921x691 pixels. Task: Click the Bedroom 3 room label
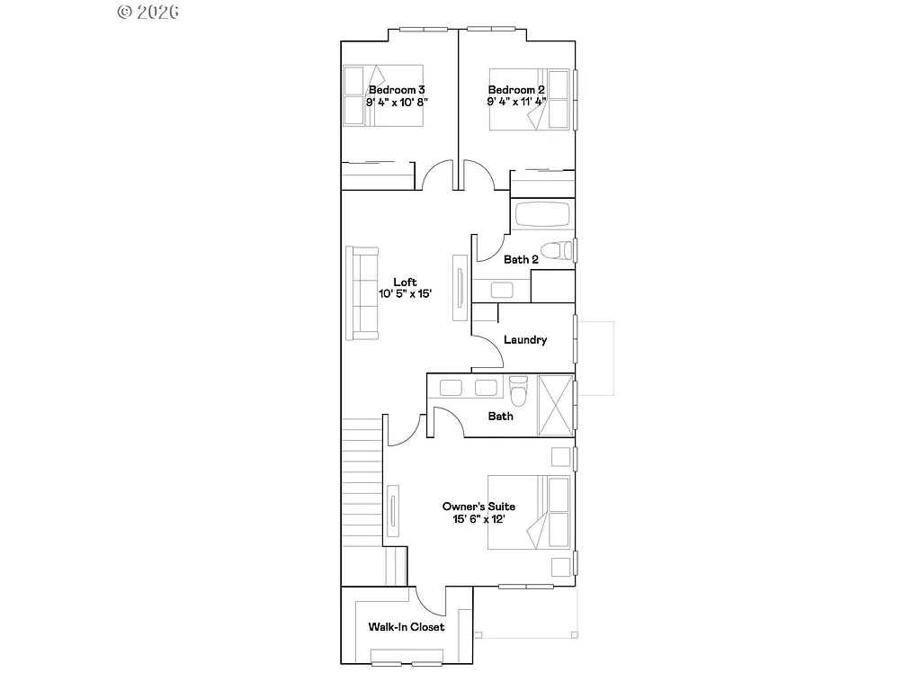397,90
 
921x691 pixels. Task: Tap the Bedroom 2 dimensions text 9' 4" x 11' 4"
517,103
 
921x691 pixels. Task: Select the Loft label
405,282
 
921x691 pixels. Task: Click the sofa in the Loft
363,293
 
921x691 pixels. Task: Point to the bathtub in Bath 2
541,216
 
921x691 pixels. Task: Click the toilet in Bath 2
558,250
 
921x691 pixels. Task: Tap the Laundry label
525,340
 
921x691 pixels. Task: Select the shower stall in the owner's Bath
554,405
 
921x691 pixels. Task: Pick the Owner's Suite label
478,507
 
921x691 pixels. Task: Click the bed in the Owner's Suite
529,512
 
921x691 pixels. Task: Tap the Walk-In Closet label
407,627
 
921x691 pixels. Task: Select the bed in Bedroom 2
531,99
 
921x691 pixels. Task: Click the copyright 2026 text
148,12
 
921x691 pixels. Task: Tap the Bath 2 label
521,260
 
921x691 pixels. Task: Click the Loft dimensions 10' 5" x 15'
405,293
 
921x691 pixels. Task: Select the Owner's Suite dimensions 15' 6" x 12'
478,519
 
